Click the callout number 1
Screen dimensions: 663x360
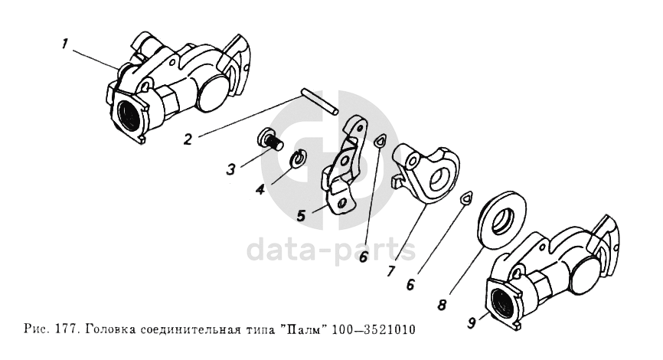pos(65,44)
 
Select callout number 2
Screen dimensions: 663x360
pos(188,139)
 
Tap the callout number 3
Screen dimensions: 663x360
pos(230,169)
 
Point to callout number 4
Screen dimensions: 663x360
pos(260,189)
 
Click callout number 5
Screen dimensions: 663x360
pos(301,216)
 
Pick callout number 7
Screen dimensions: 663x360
pos(391,270)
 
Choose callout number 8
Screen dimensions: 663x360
pos(442,305)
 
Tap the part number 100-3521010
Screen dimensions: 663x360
pos(374,329)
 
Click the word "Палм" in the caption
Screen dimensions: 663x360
pos(302,329)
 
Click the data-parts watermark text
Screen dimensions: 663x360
pos(331,250)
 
